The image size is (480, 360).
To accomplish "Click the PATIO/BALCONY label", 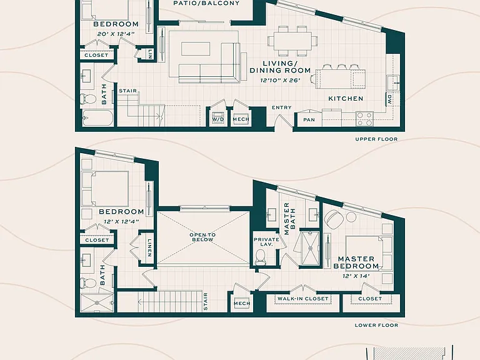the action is tap(206, 3).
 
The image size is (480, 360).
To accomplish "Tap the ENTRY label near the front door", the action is tap(282, 107).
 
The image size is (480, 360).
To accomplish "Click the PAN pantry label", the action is tap(309, 120).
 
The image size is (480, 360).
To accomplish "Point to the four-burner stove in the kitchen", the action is tap(364, 119).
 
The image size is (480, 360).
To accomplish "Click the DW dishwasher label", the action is tap(389, 99).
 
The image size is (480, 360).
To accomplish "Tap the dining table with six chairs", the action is tap(292, 41).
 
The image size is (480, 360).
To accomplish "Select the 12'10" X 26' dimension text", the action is tap(280, 81).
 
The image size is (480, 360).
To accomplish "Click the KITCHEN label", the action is tap(346, 99).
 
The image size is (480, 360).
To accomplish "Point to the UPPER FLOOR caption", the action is tap(376, 139).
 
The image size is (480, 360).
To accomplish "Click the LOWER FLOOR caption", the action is tap(376, 325).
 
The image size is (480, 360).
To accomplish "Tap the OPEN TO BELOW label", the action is tap(202, 237).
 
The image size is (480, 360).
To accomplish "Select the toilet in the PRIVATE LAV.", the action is tap(261, 256).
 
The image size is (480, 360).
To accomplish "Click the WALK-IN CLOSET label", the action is tap(302, 299).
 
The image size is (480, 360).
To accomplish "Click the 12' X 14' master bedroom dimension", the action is tap(356, 276).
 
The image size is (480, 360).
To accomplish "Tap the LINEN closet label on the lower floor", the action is tap(149, 247).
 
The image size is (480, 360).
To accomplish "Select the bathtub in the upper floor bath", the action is tap(97, 118).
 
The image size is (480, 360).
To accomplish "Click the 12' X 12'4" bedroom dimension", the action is tap(121, 221).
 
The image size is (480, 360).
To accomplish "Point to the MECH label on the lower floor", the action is tap(242, 303).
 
